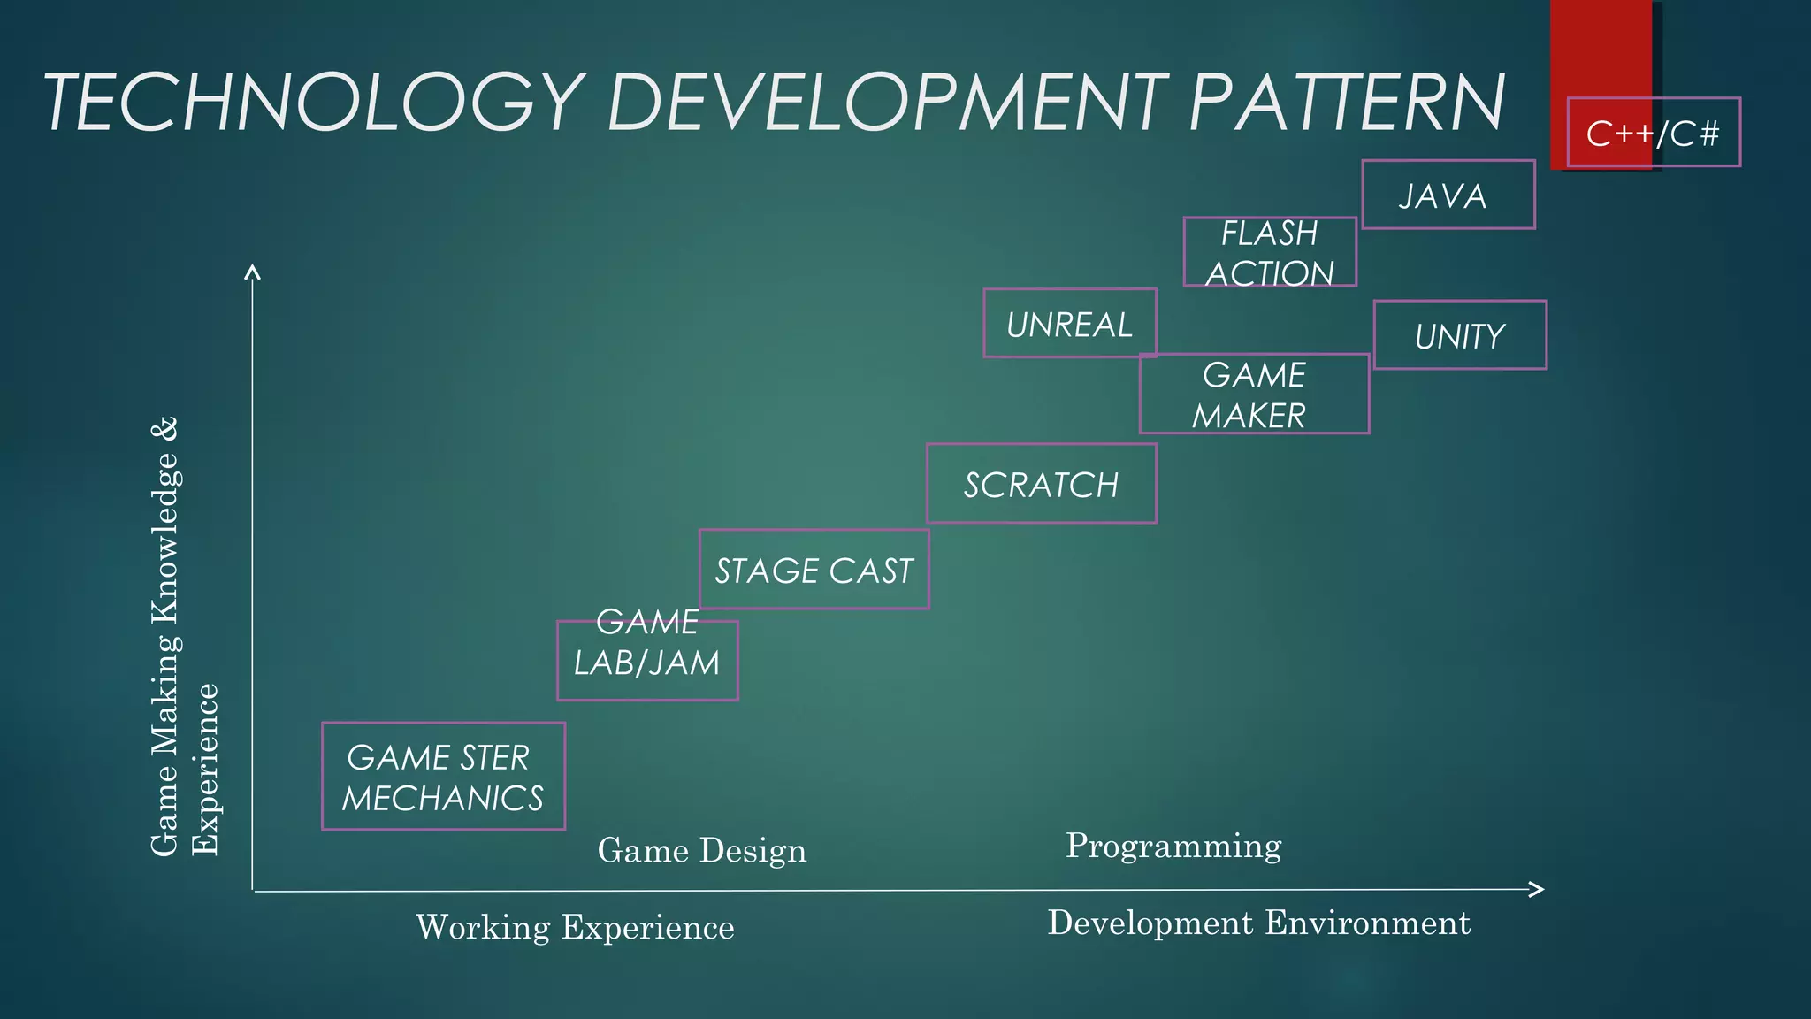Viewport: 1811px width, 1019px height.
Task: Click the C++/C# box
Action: click(x=1653, y=133)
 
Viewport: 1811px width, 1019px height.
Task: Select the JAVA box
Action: click(x=1448, y=195)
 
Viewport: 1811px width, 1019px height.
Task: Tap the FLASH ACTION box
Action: click(x=1270, y=252)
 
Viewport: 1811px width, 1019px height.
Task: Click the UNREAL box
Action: click(x=1069, y=324)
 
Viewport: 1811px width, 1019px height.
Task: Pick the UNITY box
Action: click(x=1460, y=335)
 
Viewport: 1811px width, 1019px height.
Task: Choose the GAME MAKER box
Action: click(x=1254, y=394)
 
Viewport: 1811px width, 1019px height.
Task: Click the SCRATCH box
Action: click(x=1041, y=484)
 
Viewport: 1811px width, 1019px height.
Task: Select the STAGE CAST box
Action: click(x=814, y=570)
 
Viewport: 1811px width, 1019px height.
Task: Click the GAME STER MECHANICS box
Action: click(x=443, y=777)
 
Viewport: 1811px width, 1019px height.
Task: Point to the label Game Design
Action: click(x=702, y=850)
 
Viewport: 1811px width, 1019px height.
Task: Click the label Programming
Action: click(x=1173, y=846)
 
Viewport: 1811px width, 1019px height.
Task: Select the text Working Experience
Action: click(x=575, y=927)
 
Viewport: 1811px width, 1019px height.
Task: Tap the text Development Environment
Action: click(x=1258, y=923)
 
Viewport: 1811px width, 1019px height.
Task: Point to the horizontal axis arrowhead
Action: click(x=1538, y=889)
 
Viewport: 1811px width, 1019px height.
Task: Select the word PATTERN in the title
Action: click(x=1346, y=103)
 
